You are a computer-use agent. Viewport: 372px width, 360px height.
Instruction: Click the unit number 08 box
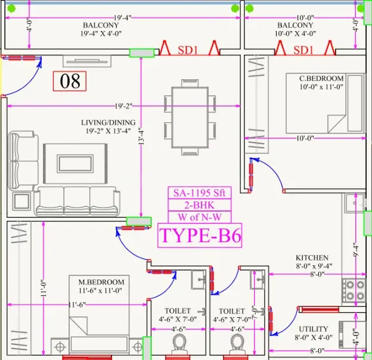(70, 81)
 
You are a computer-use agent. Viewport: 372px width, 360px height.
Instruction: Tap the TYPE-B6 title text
(200, 235)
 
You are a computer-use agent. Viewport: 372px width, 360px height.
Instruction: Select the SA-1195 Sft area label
(199, 193)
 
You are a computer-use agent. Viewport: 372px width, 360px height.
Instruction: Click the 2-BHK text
(199, 205)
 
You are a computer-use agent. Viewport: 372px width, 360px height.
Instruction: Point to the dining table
(190, 117)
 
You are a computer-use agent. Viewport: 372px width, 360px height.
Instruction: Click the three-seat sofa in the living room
(77, 201)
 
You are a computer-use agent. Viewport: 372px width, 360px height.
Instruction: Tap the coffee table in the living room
(75, 164)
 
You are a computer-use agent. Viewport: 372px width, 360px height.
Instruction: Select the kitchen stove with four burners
(354, 290)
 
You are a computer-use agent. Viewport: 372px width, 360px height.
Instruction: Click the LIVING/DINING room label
(108, 123)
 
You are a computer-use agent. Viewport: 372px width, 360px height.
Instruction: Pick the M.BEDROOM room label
(101, 282)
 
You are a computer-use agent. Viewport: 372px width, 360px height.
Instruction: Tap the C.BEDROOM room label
(321, 79)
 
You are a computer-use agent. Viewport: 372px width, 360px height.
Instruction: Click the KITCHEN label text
(312, 258)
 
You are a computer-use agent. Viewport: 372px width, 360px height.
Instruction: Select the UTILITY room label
(314, 329)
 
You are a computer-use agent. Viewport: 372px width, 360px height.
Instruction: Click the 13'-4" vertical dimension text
(141, 136)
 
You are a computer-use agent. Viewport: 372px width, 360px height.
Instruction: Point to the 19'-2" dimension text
(123, 106)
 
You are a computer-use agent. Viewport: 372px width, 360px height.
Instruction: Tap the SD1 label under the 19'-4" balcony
(188, 50)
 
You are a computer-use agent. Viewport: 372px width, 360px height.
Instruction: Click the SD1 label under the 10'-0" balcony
(303, 50)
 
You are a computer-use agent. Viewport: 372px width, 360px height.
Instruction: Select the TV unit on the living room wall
(87, 61)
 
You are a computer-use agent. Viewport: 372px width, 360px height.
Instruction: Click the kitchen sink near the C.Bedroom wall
(354, 203)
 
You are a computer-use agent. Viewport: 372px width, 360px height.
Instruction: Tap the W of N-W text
(200, 217)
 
